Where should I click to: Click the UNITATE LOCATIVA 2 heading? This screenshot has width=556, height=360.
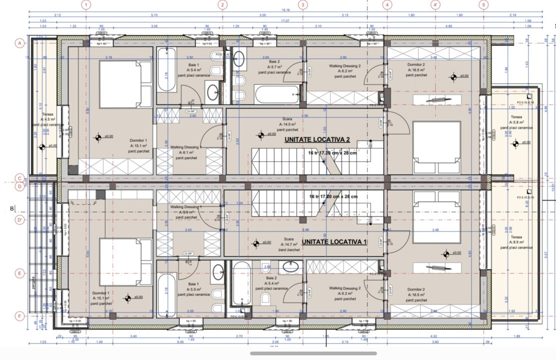(317, 140)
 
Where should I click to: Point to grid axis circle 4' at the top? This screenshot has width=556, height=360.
(436, 5)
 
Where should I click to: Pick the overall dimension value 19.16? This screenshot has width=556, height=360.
(285, 9)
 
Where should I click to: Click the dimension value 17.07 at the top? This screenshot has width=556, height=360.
(285, 21)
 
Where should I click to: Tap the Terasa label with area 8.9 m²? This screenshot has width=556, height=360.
(516, 237)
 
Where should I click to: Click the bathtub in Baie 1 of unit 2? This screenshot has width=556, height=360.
(166, 70)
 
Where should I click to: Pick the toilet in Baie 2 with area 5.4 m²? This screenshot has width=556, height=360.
(265, 298)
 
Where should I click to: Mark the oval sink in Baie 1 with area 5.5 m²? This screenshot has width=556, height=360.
(218, 272)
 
